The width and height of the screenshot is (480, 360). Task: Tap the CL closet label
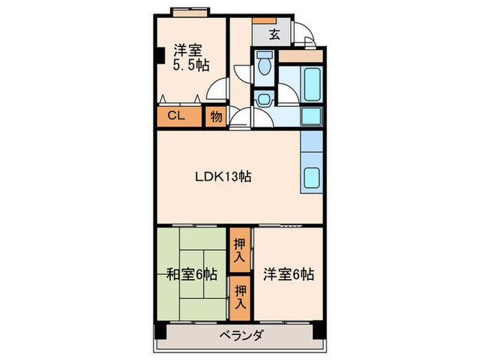pyautogui.click(x=176, y=116)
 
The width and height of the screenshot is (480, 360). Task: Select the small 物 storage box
pyautogui.click(x=215, y=117)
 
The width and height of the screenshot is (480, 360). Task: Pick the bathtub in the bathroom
pyautogui.click(x=312, y=84)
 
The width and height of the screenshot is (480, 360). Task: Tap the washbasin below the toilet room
pyautogui.click(x=263, y=99)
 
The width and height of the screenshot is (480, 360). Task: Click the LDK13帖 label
pyautogui.click(x=223, y=176)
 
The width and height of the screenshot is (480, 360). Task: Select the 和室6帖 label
pyautogui.click(x=193, y=274)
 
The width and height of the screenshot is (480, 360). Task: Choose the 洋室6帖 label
pyautogui.click(x=289, y=274)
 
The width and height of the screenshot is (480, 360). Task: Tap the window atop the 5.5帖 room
pyautogui.click(x=191, y=12)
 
